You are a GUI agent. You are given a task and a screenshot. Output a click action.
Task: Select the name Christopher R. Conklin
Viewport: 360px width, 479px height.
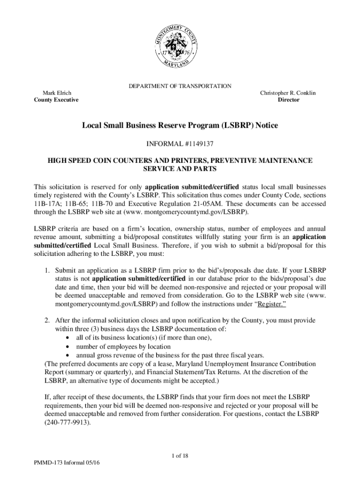[x=288, y=93]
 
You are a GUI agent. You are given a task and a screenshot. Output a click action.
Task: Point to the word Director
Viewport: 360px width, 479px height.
[x=288, y=100]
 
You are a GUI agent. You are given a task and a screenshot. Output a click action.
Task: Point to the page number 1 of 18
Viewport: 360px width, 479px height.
[x=180, y=456]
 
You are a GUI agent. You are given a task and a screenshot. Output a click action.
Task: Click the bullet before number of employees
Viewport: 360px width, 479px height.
[x=69, y=347]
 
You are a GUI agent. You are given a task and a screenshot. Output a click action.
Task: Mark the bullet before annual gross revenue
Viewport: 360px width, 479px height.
[x=69, y=355]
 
